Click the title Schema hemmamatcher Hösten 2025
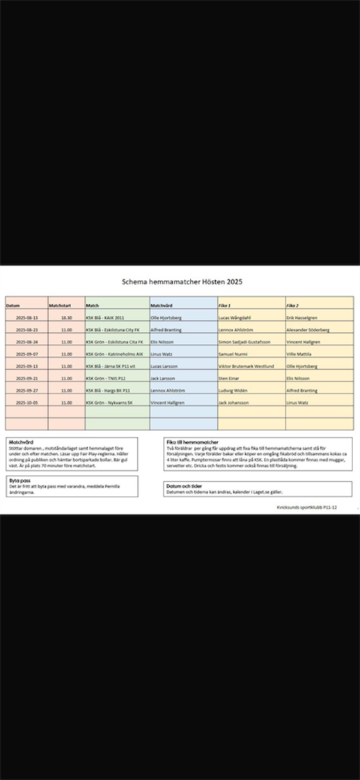182,281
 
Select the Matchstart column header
60,305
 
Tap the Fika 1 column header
225,305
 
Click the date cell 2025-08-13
27,317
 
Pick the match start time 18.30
66,317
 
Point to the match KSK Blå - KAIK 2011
105,317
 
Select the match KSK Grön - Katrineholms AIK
115,354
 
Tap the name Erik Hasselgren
302,317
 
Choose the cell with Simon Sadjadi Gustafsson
244,342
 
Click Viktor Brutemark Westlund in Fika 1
246,366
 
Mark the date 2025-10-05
27,403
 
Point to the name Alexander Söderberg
308,329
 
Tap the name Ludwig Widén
233,391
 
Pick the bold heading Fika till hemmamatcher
192,442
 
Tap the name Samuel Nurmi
232,354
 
